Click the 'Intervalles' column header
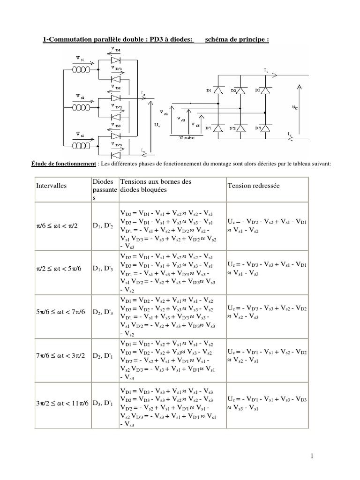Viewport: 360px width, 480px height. pyautogui.click(x=52, y=186)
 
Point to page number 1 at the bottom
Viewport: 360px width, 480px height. pyautogui.click(x=350, y=456)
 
